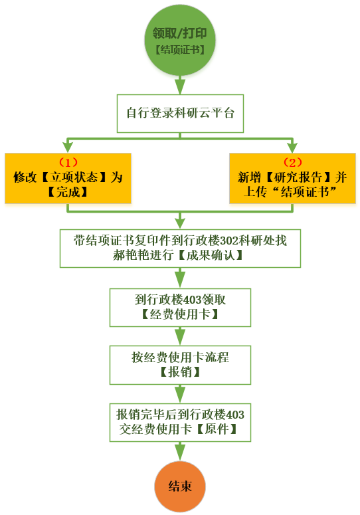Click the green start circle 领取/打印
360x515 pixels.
(180, 41)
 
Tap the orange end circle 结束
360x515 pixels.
(180, 486)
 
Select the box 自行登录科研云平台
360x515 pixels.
(180, 114)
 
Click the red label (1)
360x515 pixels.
(68, 162)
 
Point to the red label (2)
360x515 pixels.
(292, 162)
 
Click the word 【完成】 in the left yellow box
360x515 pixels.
(68, 192)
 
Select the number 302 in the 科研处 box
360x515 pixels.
(229, 241)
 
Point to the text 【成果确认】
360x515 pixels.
(211, 255)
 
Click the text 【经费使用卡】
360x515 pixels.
(180, 314)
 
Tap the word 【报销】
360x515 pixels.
(180, 372)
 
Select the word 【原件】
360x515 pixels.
(217, 429)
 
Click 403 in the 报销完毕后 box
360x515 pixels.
(235, 415)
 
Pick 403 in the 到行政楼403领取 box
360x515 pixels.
(192, 300)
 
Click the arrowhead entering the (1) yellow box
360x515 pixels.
(68, 148)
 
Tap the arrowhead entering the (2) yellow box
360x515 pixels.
(292, 148)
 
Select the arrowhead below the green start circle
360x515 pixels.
(180, 86)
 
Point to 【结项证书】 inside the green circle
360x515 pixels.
(180, 50)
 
